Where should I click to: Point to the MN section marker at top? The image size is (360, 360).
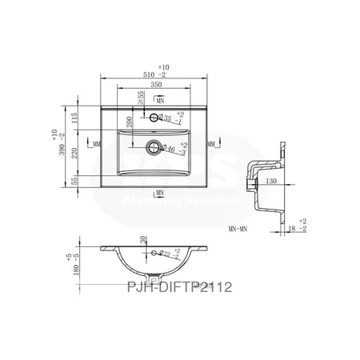point(160,100)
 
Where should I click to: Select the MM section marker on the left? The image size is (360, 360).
point(95,145)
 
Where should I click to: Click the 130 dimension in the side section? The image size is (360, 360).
point(270,182)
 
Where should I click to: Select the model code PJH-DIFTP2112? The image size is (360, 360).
point(178,286)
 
